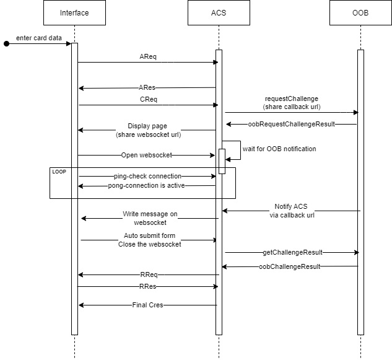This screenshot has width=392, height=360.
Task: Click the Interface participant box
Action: tap(74, 13)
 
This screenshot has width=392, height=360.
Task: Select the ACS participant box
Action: tap(218, 13)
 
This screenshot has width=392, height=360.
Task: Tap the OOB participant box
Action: tap(360, 13)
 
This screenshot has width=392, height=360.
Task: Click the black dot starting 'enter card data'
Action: tap(7, 44)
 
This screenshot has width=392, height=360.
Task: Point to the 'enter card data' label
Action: tap(39, 38)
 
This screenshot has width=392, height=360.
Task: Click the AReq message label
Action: tap(147, 56)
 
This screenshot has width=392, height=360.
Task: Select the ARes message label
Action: tap(147, 88)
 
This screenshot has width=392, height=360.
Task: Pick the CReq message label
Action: tap(147, 99)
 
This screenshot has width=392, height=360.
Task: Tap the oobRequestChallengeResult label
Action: tap(291, 124)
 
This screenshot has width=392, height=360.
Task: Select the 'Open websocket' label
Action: tap(147, 155)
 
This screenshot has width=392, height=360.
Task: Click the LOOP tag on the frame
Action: tap(59, 170)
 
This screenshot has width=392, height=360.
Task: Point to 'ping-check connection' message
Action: tap(147, 177)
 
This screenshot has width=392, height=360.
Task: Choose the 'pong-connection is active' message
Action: tap(147, 185)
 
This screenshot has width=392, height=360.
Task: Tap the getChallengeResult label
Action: tap(292, 252)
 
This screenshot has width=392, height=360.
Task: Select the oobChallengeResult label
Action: tap(290, 266)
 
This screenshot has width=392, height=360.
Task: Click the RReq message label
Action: tap(147, 274)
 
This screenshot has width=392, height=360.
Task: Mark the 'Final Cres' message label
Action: tap(147, 305)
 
